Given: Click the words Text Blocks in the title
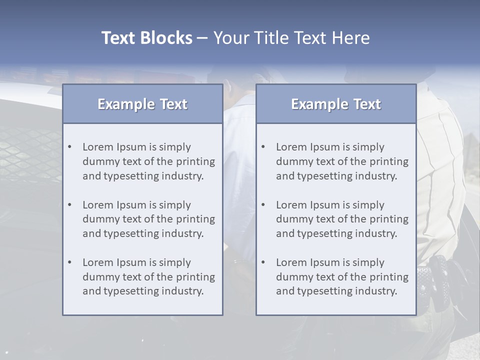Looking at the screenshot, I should click(x=146, y=38).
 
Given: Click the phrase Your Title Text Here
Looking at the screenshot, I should click(x=291, y=38).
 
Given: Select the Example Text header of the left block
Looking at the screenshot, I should click(x=142, y=104).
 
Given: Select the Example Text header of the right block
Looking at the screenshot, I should click(x=336, y=104).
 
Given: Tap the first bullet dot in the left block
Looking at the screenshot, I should click(x=70, y=147).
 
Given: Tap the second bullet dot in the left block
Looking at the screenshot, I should click(x=70, y=205).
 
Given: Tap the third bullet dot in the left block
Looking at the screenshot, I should click(x=70, y=262).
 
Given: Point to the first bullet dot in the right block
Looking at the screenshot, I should click(x=263, y=147).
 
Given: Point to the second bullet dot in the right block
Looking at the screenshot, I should click(x=263, y=205).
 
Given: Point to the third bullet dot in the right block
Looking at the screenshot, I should click(x=263, y=262).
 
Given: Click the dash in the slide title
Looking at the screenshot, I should click(x=202, y=38).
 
